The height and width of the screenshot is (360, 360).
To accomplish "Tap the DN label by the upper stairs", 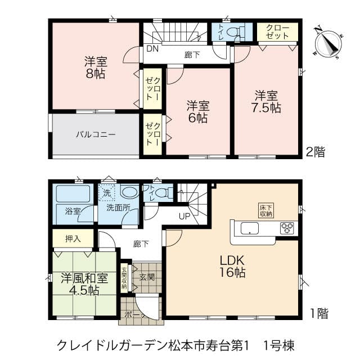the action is (152, 48).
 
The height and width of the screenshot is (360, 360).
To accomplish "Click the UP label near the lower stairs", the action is (184, 216).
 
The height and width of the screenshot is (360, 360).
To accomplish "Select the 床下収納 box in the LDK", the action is (266, 210).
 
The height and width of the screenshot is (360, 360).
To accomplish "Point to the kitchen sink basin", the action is (250, 228).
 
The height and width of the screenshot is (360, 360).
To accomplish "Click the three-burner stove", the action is (287, 228).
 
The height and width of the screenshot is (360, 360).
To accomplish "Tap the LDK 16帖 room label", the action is (232, 267).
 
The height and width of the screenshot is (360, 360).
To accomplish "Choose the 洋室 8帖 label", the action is (96, 67).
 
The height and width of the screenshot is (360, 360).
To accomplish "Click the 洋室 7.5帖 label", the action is (266, 102).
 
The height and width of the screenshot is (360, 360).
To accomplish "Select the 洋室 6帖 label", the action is (198, 112).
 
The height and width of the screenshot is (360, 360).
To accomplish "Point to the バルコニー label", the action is (96, 134).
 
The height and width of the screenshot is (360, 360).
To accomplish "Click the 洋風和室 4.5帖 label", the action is (84, 284).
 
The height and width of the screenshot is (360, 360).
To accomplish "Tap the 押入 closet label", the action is (73, 238).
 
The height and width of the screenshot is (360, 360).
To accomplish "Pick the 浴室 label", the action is (73, 211).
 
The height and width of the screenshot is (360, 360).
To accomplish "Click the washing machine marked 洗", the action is (106, 193).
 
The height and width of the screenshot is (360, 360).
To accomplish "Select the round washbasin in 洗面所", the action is (129, 191).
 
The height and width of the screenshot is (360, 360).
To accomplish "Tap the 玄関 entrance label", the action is (147, 277).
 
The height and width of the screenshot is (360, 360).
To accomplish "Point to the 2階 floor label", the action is (316, 152).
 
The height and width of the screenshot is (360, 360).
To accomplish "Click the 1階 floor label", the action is (319, 313).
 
